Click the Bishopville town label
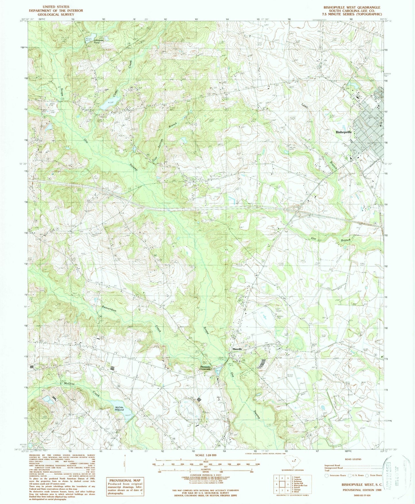click(344, 132)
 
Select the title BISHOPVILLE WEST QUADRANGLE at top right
click(352, 7)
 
